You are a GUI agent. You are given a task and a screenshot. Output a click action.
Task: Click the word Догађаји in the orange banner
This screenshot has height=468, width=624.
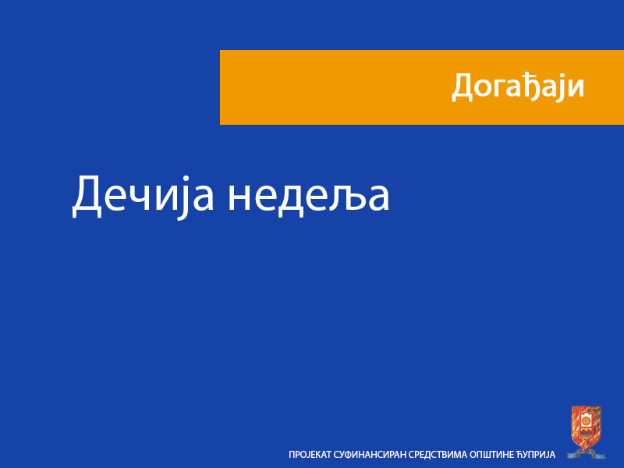click(x=518, y=87)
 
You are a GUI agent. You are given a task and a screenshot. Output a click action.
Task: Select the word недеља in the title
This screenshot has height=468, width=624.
click(x=309, y=196)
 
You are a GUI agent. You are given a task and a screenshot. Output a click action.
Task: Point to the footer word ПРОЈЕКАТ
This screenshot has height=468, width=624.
click(x=310, y=455)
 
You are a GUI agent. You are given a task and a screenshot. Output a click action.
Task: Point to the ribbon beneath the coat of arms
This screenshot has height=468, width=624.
click(x=586, y=452)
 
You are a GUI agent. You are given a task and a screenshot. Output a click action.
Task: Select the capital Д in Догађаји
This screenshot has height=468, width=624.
click(x=462, y=87)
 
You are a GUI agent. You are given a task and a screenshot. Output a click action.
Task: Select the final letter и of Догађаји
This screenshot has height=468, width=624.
click(x=576, y=88)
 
